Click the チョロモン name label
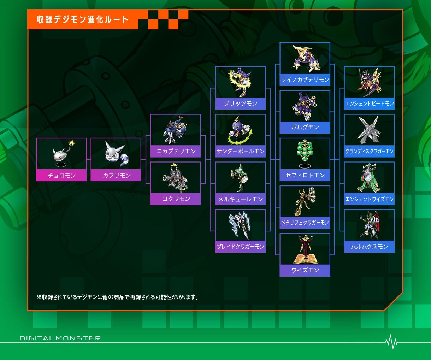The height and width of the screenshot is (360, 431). tap(61, 176)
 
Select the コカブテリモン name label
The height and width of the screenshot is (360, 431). tap(176, 151)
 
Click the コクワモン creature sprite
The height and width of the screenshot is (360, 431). tap(175, 178)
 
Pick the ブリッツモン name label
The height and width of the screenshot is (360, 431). tap(240, 104)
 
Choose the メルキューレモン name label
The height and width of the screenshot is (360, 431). tap(240, 199)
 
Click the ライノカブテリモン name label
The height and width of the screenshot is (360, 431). tap(305, 80)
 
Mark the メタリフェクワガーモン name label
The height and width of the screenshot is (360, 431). tap(305, 223)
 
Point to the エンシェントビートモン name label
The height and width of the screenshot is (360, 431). tap(369, 104)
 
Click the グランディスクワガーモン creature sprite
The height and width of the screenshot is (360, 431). tap(369, 130)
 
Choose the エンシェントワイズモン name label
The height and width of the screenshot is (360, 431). tap(369, 199)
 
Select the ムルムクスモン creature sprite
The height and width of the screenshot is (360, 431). tap(369, 225)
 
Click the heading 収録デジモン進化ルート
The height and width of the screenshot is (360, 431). tap(83, 19)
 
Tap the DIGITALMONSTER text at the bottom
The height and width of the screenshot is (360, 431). tap(60, 338)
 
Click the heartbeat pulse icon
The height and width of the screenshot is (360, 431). tap(391, 342)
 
